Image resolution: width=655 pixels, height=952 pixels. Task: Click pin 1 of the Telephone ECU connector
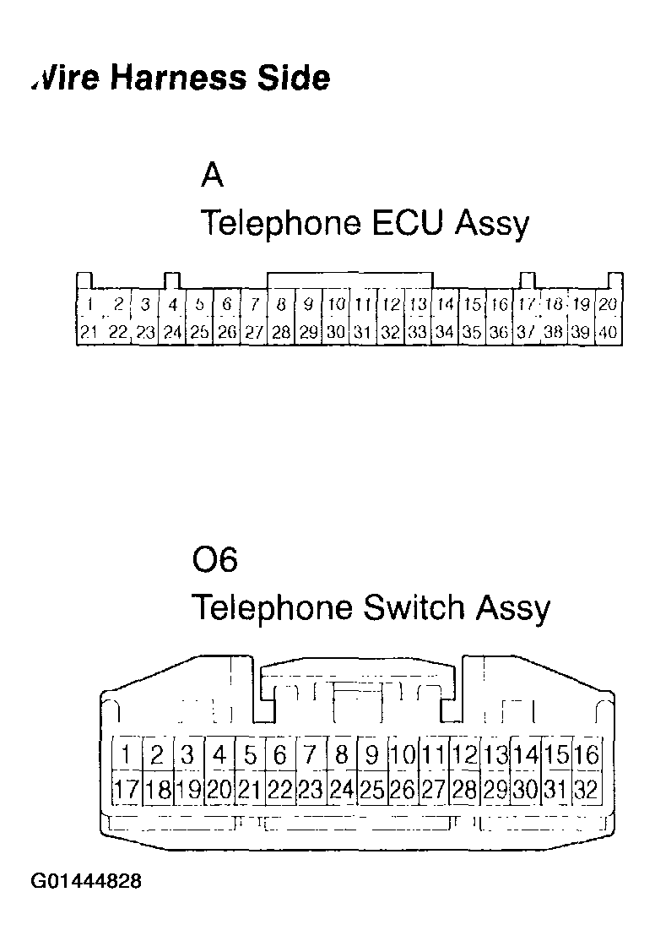89,304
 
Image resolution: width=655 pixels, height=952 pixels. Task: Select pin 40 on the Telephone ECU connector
608,333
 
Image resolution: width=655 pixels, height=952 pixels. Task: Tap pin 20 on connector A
608,304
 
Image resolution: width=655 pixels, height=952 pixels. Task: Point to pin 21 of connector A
89,333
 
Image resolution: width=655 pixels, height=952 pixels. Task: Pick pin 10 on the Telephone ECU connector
336,304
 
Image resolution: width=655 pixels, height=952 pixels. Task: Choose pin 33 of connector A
417,333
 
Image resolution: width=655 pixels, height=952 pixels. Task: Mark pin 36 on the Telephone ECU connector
499,333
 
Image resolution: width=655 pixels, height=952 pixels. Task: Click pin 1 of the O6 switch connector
126,753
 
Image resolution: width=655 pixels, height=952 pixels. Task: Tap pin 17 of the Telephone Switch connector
126,791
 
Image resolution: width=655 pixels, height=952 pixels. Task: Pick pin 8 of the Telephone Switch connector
341,753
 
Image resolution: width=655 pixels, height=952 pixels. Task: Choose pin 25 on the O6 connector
371,791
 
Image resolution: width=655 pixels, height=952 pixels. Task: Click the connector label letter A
212,176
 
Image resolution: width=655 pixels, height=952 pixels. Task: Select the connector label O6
215,560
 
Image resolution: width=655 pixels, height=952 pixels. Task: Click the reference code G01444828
86,882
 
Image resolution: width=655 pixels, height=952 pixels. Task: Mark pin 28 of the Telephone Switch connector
464,791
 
